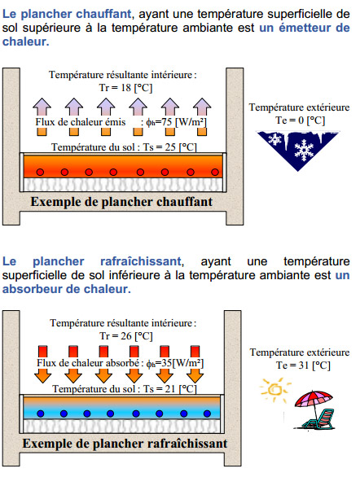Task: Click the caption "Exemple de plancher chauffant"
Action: point(121,202)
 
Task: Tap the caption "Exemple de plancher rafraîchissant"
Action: point(125,444)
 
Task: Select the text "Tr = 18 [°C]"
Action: point(125,88)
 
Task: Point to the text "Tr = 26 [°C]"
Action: point(126,336)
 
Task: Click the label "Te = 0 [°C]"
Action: point(301,120)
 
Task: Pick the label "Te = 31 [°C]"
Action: point(303,365)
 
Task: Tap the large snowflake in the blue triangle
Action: point(304,150)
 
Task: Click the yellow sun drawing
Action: point(275,390)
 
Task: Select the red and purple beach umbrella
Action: point(314,400)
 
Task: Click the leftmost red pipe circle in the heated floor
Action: point(40,173)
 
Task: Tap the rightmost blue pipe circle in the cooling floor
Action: point(207,414)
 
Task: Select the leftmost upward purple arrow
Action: point(42,107)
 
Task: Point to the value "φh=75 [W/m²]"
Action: point(176,122)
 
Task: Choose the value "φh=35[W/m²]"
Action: point(174,363)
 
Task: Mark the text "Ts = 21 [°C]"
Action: point(170,389)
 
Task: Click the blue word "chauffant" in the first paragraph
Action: point(103,14)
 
